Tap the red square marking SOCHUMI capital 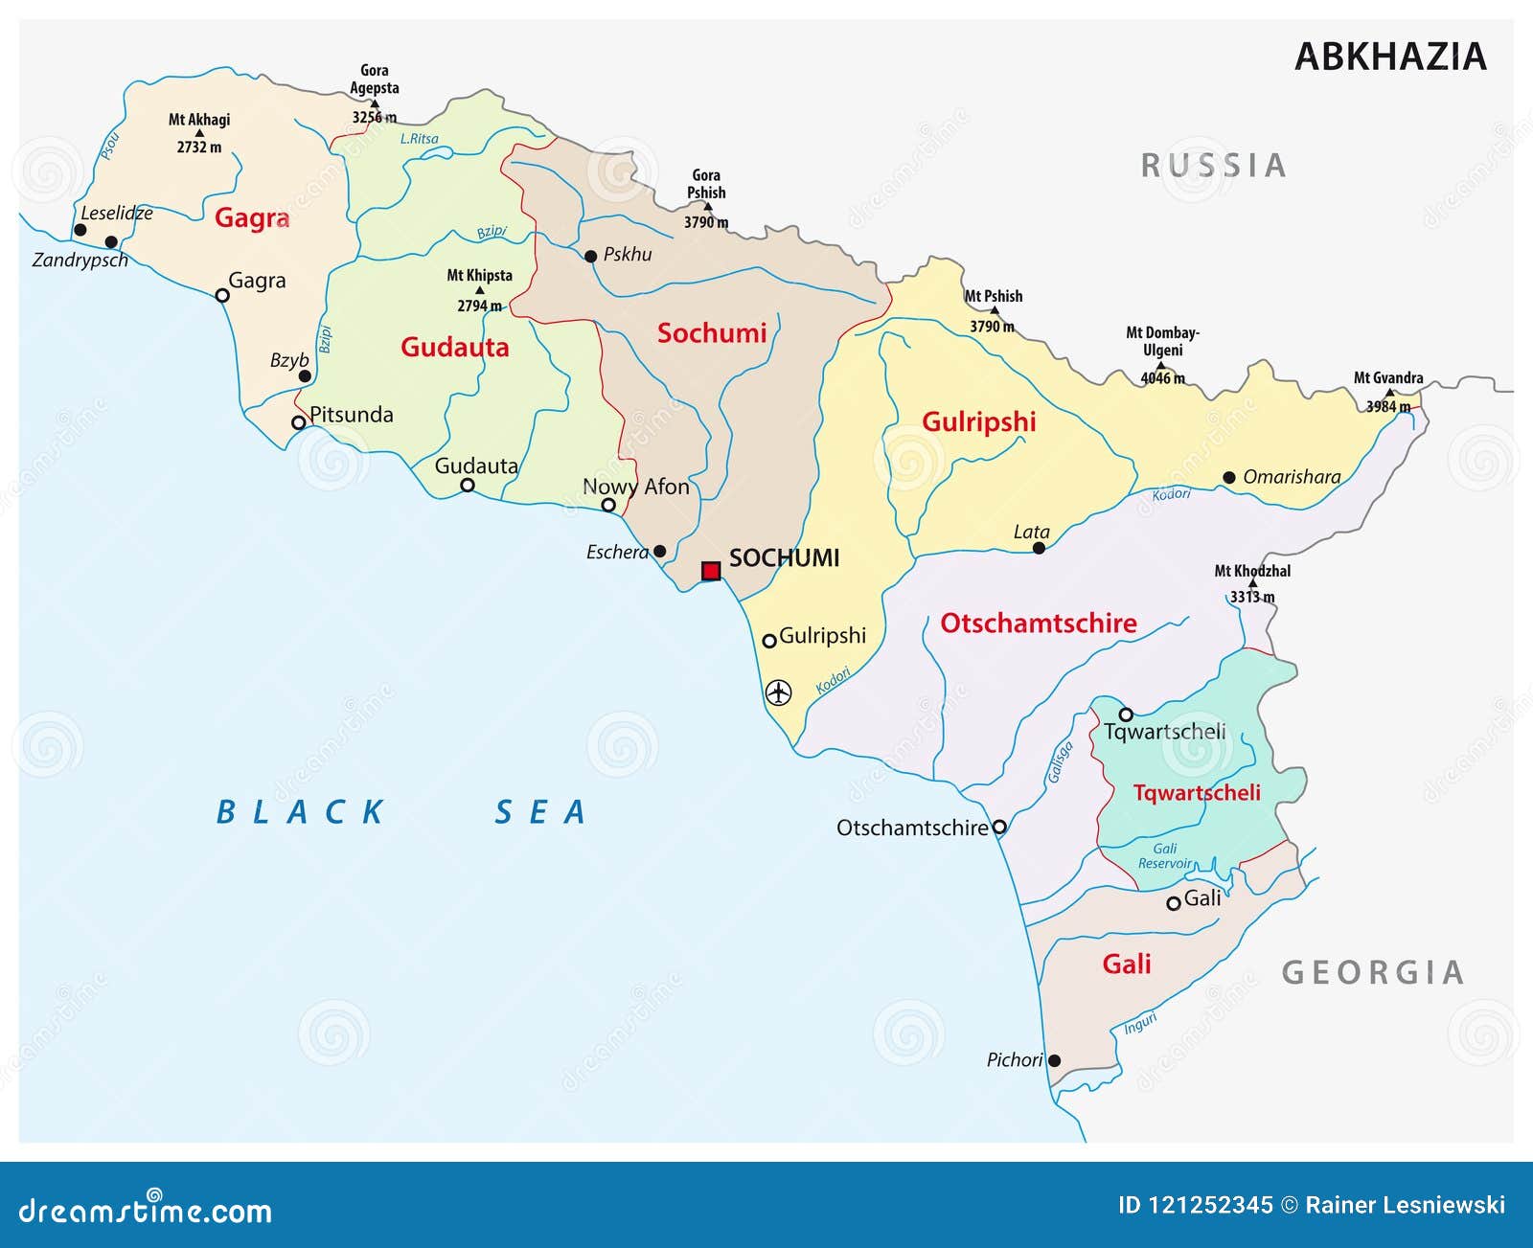tap(711, 571)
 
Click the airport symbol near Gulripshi tap(779, 691)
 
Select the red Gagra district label tap(252, 218)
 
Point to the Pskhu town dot tap(591, 257)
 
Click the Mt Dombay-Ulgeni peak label tap(1161, 341)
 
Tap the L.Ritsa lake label tap(419, 139)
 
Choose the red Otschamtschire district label tap(1039, 624)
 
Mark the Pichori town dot tap(1054, 1060)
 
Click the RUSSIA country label tap(1213, 166)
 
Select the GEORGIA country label tap(1373, 973)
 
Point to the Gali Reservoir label tap(1164, 856)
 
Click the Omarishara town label tap(1291, 477)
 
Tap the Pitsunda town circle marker tap(299, 422)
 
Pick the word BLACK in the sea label tap(300, 812)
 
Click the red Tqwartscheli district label tap(1197, 793)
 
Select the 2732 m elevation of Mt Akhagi tap(198, 147)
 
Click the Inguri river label tap(1140, 1024)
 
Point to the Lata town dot tap(1039, 548)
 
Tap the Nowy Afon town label tap(636, 487)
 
